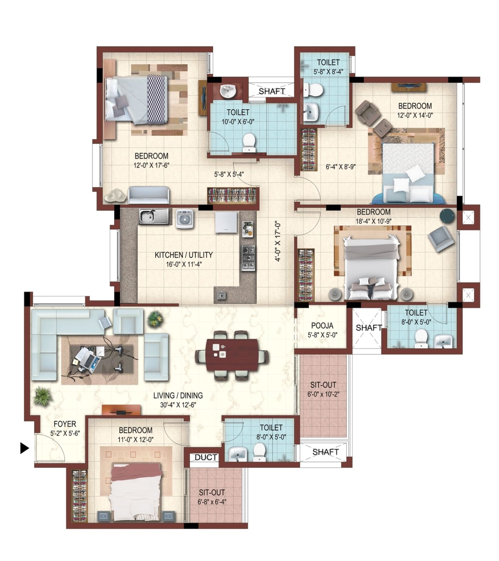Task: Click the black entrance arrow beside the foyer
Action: (x=24, y=448)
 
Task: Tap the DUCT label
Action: (x=206, y=457)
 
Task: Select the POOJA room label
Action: (x=322, y=325)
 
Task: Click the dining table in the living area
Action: (x=232, y=355)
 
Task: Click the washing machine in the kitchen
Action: (x=185, y=218)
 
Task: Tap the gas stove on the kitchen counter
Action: (x=248, y=257)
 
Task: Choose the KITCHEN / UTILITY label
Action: (x=183, y=255)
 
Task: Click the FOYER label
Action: (x=65, y=424)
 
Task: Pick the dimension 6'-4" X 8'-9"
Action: (x=340, y=167)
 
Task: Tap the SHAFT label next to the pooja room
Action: (x=368, y=327)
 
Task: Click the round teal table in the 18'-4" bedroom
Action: (x=447, y=216)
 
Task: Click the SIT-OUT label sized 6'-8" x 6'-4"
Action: (x=212, y=492)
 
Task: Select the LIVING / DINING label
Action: (x=178, y=395)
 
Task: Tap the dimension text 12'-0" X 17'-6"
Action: (x=151, y=165)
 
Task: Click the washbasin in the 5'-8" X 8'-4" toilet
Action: (x=310, y=112)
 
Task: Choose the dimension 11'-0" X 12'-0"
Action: (x=135, y=439)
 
